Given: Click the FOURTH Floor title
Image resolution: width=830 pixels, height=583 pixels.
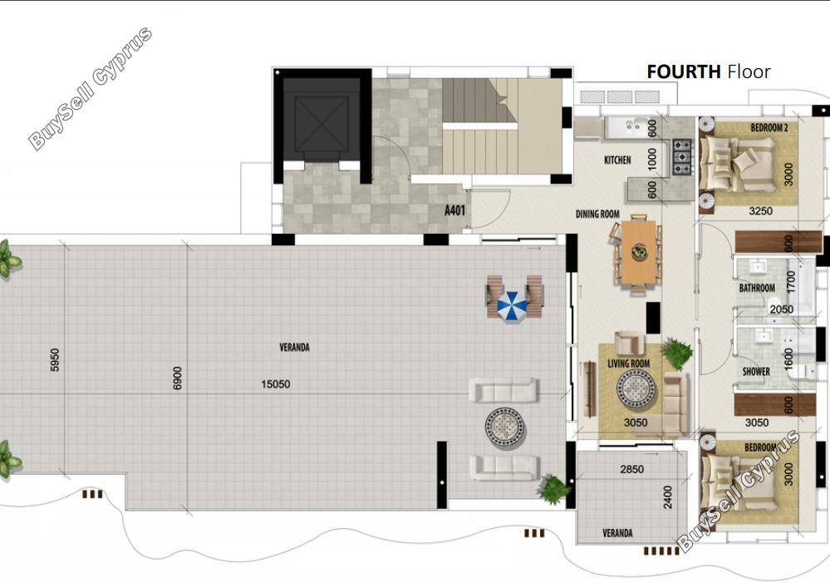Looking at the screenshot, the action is [708, 72].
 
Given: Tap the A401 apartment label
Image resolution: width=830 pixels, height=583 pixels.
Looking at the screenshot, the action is [454, 210].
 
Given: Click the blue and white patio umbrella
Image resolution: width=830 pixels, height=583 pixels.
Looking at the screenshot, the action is [512, 306].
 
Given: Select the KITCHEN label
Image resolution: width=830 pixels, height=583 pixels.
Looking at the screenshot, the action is [617, 160].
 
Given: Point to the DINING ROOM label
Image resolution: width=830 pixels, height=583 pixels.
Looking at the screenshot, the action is [597, 214].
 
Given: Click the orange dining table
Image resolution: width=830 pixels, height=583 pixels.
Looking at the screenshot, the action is [638, 252].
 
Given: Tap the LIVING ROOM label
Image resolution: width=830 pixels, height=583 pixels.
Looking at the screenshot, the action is [628, 363].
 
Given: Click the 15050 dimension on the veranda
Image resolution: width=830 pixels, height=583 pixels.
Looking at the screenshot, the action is [275, 383].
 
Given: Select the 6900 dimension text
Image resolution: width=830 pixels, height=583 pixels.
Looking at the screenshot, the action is [177, 378].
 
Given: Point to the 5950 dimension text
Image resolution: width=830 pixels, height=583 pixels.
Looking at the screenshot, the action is [55, 360].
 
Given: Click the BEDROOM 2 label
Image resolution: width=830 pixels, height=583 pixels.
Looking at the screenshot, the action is [769, 128].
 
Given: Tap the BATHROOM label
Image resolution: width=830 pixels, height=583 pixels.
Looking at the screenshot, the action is [757, 288].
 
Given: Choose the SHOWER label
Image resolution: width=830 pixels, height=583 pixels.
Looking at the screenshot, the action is [756, 372].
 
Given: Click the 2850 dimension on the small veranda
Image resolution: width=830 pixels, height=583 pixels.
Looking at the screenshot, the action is [632, 469].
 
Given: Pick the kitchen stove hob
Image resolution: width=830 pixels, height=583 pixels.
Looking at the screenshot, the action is [682, 157].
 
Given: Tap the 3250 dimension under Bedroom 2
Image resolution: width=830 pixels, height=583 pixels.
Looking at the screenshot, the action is [760, 211].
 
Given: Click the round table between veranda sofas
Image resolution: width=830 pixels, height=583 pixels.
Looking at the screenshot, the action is [505, 427].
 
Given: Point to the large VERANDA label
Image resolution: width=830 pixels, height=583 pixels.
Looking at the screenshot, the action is [294, 347].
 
